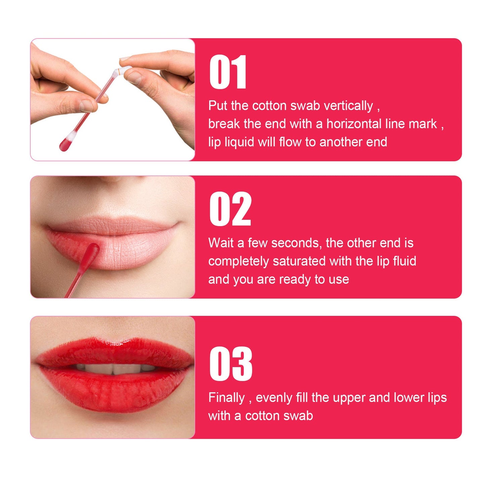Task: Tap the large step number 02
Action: click(230, 209)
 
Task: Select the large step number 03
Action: click(231, 364)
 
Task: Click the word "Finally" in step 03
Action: click(227, 398)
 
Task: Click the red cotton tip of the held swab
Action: click(65, 144)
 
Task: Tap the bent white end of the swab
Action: click(125, 70)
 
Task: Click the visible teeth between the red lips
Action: click(114, 369)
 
